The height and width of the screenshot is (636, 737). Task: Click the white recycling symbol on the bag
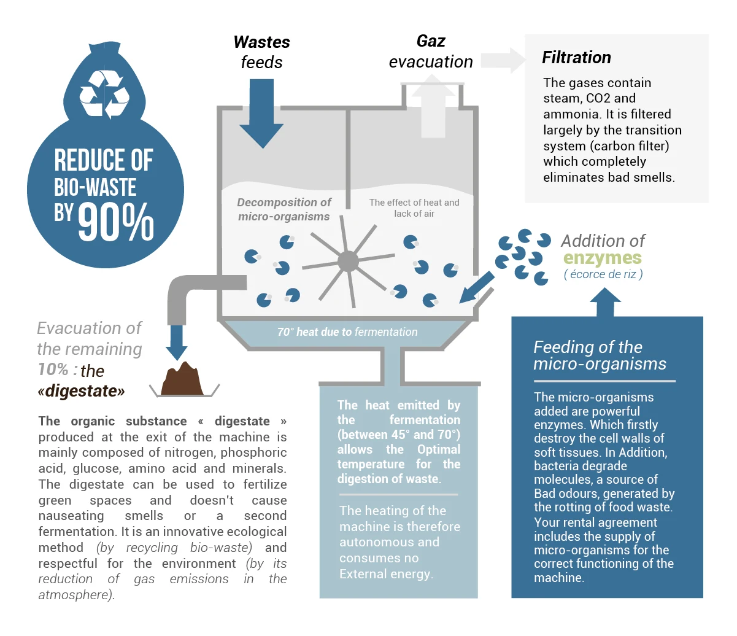(105, 93)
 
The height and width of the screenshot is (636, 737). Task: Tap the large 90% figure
(116, 222)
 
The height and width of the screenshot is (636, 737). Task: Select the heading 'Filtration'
(576, 58)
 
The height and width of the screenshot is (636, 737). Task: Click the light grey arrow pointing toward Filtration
(504, 60)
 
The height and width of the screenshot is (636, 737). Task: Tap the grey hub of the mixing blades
(348, 262)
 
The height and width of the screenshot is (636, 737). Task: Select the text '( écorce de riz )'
(603, 274)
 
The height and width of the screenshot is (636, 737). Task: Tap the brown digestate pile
(182, 380)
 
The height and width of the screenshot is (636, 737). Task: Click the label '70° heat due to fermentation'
(347, 332)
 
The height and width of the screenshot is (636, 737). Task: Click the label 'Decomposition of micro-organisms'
(284, 209)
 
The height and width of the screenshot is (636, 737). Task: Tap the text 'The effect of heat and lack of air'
(414, 208)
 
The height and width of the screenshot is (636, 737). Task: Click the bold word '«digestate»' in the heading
(81, 391)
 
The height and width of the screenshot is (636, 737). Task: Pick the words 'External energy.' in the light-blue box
(387, 574)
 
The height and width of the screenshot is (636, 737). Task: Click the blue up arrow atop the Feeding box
(605, 301)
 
